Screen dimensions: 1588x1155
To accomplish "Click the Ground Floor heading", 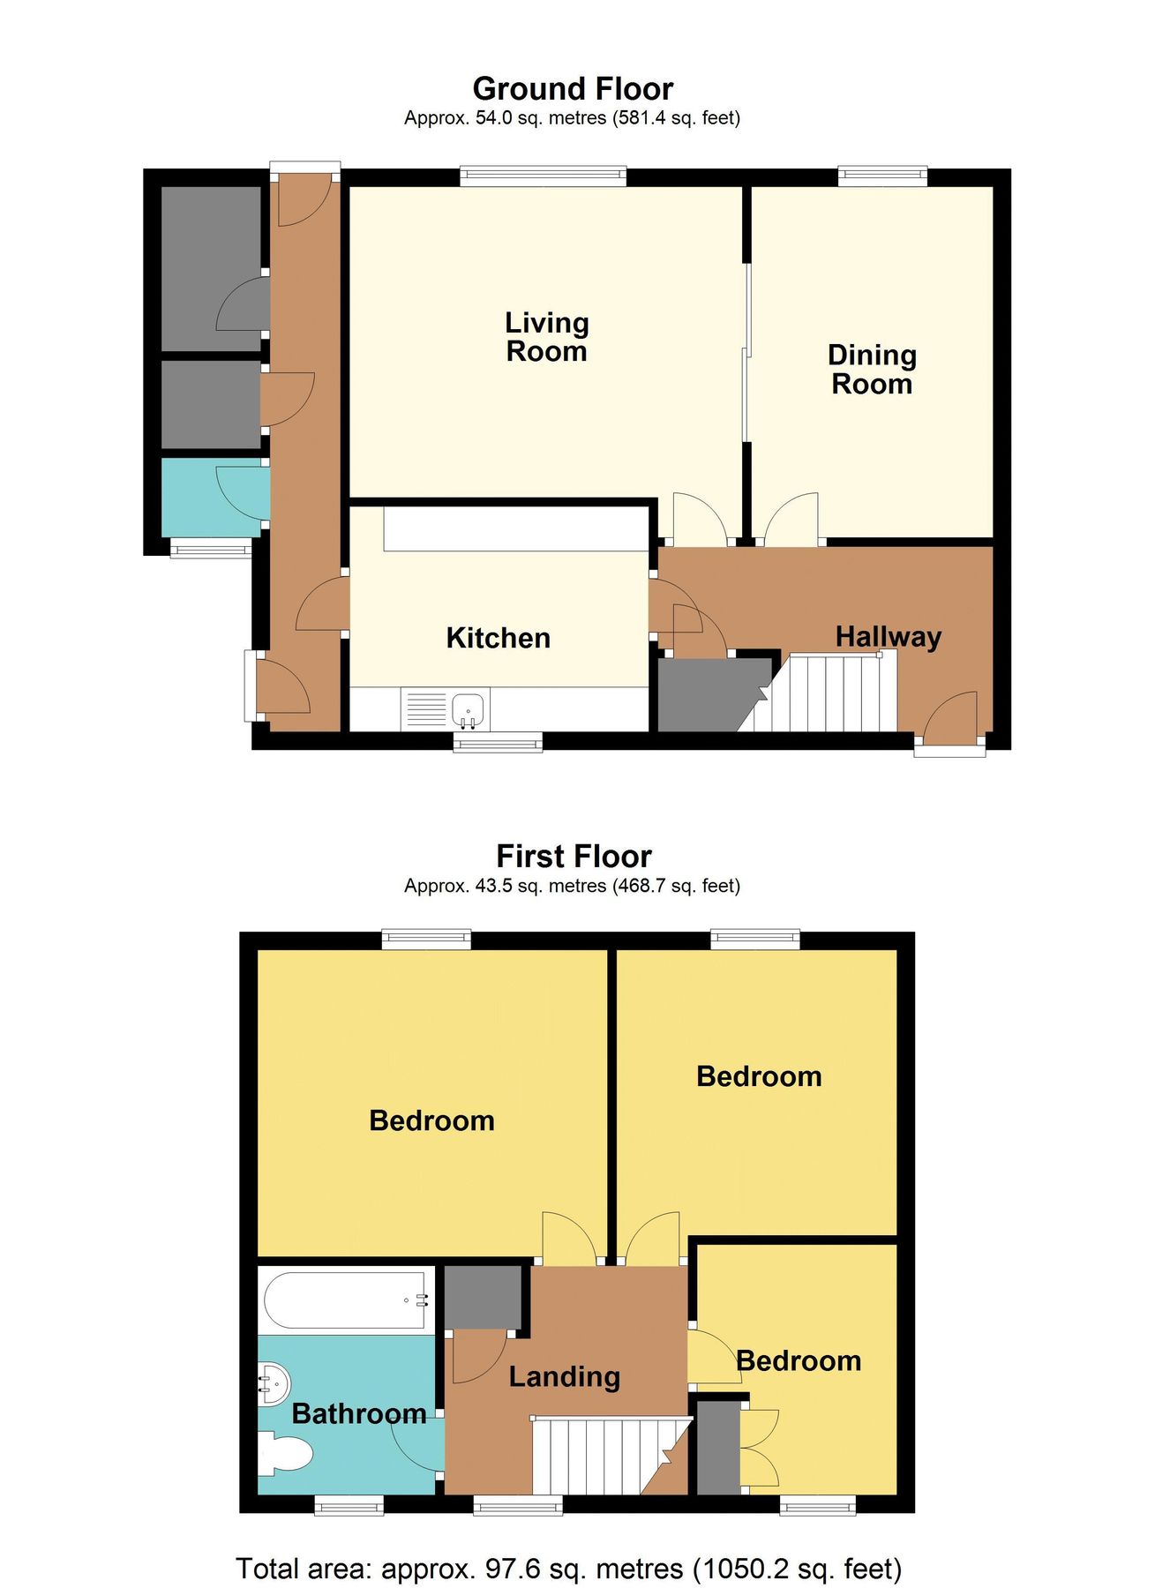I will tap(573, 89).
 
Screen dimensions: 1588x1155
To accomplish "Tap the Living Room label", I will tap(546, 337).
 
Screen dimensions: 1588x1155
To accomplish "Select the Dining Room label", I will tap(872, 370).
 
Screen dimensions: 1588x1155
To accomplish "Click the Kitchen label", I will tap(498, 638).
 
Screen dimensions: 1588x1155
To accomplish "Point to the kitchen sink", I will tap(469, 708).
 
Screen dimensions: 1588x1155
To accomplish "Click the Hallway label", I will tap(888, 636).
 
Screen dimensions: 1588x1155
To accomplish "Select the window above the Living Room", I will tap(543, 176).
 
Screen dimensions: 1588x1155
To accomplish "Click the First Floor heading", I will tap(574, 857).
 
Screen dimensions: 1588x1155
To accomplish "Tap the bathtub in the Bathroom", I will tap(346, 1300).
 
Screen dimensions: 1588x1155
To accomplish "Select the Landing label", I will tap(565, 1377).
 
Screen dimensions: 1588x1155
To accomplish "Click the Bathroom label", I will tap(359, 1414).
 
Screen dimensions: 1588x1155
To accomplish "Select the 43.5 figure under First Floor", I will tap(494, 886).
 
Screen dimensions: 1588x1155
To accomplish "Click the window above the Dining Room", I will tap(882, 176).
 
